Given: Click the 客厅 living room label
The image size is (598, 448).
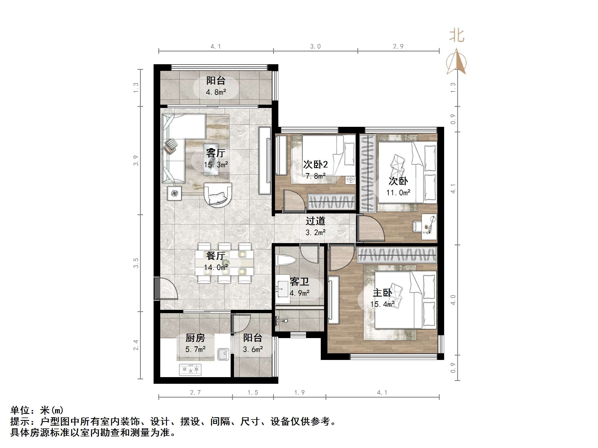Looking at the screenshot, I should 216,153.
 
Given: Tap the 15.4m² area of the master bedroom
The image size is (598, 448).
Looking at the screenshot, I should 382,304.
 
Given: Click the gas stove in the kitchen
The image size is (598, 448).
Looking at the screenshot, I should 190,370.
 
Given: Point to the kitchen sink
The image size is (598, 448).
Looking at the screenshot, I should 223,354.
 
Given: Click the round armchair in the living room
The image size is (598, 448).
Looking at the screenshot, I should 218,194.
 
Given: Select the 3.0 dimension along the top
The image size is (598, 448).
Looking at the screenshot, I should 315,47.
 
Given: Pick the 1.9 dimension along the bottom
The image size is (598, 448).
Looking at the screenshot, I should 299,392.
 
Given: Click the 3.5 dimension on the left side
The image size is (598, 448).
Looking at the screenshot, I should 136,263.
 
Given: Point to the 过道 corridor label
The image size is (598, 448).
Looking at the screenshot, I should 315,221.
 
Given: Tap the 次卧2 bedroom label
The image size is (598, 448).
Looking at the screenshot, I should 315,164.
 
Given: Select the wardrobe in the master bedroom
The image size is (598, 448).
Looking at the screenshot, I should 397,255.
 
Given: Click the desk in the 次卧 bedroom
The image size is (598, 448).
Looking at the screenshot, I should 429,226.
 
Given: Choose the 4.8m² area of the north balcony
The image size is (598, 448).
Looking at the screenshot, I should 216,92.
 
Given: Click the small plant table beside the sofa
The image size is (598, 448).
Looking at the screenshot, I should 174,193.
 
